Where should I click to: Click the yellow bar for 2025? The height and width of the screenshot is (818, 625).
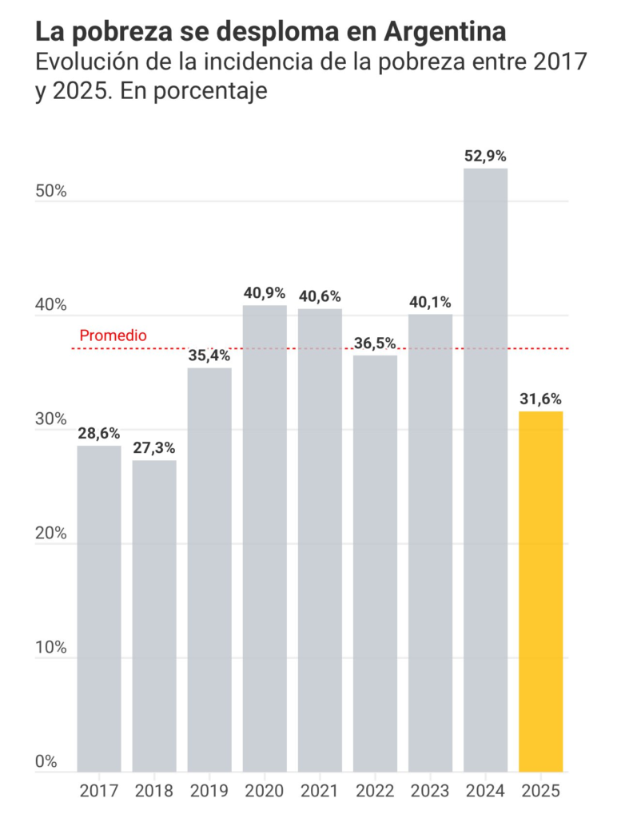[541, 591]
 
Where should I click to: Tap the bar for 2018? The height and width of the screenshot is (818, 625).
[154, 616]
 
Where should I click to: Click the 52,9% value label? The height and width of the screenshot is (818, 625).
[486, 156]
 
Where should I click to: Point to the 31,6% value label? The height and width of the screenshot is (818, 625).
[541, 399]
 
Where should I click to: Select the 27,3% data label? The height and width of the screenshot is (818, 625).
[154, 447]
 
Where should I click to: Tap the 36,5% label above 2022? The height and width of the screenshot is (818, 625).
[375, 343]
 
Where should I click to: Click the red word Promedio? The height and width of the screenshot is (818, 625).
[113, 336]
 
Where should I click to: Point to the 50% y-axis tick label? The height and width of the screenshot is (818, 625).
[51, 193]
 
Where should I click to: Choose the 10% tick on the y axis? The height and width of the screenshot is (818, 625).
[51, 648]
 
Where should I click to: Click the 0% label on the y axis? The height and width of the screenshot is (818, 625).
[47, 761]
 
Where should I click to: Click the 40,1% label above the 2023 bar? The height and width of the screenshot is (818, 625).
[430, 302]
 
